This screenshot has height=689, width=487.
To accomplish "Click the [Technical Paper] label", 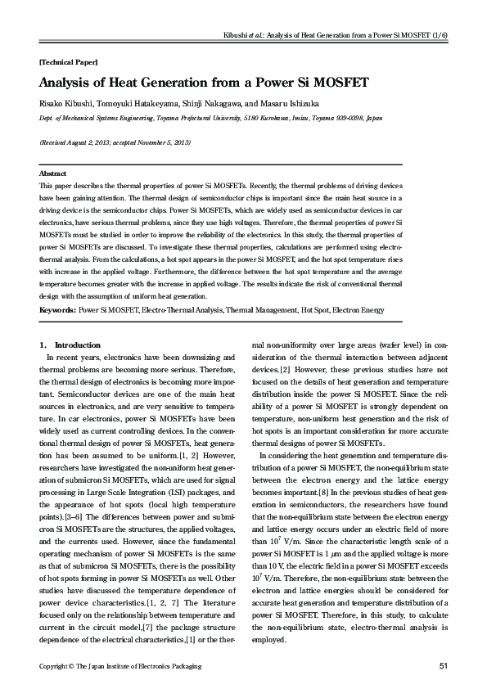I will [x=69, y=62].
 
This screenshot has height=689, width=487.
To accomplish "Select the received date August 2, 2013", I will [x=92, y=142].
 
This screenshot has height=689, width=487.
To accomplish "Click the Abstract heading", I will [x=53, y=174].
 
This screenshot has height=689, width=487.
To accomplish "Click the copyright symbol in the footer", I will [x=74, y=668].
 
